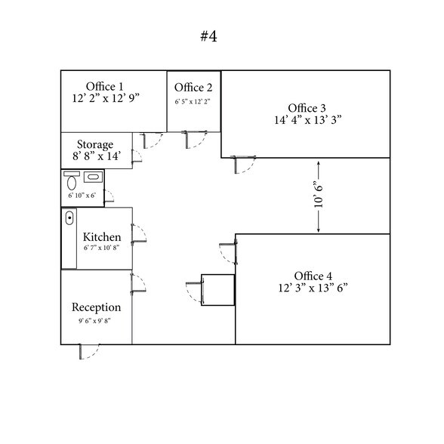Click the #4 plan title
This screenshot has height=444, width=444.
pyautogui.click(x=208, y=36)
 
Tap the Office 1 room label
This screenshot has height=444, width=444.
pyautogui.click(x=105, y=87)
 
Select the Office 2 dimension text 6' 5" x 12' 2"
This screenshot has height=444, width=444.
pyautogui.click(x=193, y=102)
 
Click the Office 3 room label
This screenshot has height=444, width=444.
pyautogui.click(x=307, y=108)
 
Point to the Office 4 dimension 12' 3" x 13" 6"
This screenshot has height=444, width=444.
pyautogui.click(x=313, y=288)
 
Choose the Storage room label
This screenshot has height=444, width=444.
pyautogui.click(x=95, y=144)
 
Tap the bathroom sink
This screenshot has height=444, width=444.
pyautogui.click(x=93, y=177)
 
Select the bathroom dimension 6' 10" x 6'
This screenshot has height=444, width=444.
pyautogui.click(x=82, y=196)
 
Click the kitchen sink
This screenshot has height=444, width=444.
pyautogui.click(x=69, y=218)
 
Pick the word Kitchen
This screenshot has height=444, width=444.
pyautogui.click(x=102, y=237)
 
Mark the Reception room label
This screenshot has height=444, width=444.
pyautogui.click(x=97, y=307)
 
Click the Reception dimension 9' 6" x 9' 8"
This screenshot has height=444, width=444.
pyautogui.click(x=94, y=321)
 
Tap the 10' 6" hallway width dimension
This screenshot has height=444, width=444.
pyautogui.click(x=319, y=197)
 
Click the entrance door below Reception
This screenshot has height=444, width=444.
pyautogui.click(x=89, y=352)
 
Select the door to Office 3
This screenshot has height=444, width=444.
pyautogui.click(x=243, y=165)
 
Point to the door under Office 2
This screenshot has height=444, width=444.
pyautogui.click(x=194, y=140)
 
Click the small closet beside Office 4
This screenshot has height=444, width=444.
pyautogui.click(x=217, y=290)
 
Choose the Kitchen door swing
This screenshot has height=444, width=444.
pyautogui.click(x=139, y=233)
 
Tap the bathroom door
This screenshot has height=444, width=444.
pyautogui.click(x=109, y=196)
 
